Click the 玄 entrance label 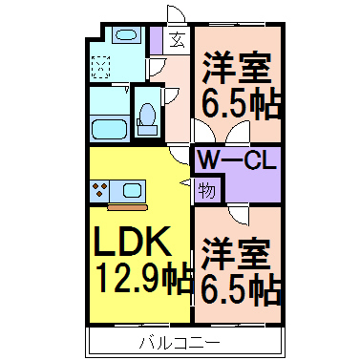[x=178, y=39]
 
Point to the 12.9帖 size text [x=143, y=281]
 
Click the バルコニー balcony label [x=180, y=341]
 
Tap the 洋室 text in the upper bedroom [x=239, y=69]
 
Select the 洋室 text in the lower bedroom [x=239, y=251]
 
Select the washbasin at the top [x=124, y=36]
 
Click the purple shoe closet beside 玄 [x=158, y=39]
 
